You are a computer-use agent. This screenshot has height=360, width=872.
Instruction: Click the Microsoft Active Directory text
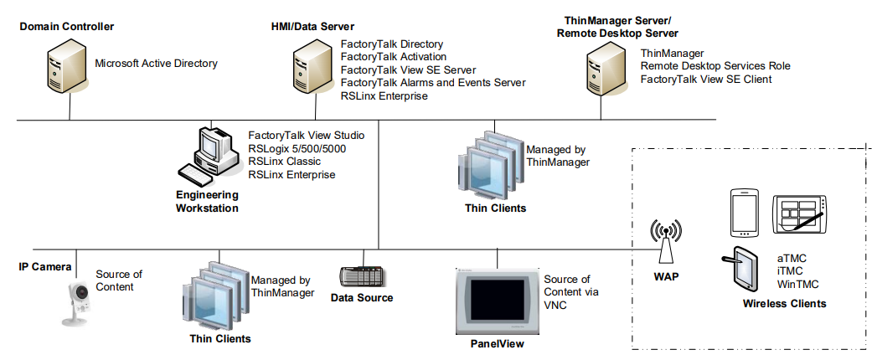coord(156,63)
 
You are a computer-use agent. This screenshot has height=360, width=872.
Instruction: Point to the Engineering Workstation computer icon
coord(208,156)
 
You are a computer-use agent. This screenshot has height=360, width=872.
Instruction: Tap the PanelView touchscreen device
coord(497,300)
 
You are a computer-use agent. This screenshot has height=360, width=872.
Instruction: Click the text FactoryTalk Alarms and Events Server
coord(433,83)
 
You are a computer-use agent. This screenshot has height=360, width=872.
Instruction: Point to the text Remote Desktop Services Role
coord(715,66)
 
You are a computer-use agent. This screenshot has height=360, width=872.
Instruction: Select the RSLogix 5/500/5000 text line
coord(297,148)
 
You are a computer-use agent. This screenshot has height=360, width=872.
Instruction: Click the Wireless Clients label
coord(784,303)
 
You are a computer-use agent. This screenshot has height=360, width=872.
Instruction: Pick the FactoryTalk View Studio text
coord(306,135)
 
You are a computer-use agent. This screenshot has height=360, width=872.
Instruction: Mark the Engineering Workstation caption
coord(207,201)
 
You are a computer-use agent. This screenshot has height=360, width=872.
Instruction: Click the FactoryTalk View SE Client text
coord(705,80)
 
